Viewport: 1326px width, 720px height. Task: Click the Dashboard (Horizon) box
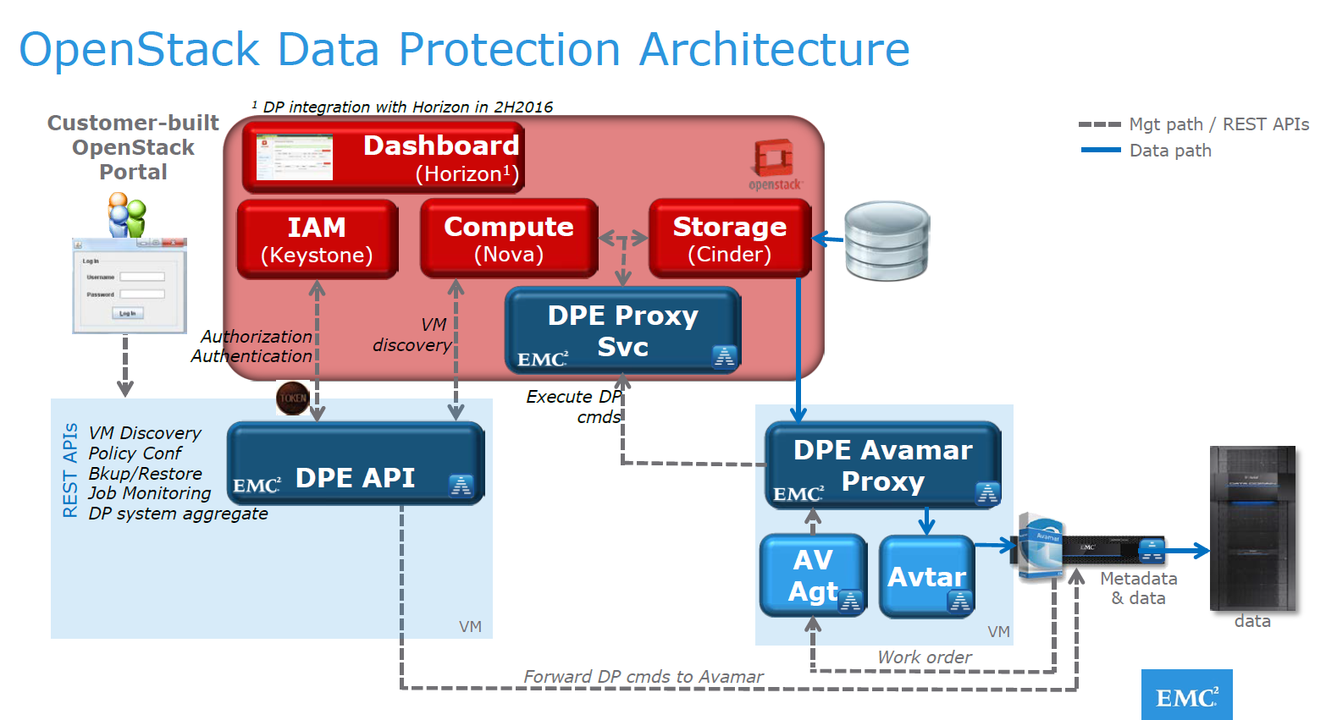tap(384, 157)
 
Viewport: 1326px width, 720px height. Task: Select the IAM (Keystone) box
tap(318, 239)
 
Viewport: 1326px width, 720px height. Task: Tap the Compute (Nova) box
tap(509, 239)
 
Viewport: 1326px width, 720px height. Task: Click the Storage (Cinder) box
tap(730, 239)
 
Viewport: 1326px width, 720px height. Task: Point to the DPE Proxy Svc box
tap(622, 331)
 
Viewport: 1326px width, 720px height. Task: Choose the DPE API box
tap(356, 464)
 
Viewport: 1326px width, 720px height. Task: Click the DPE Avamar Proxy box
tap(882, 465)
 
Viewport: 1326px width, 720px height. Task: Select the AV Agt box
tap(813, 575)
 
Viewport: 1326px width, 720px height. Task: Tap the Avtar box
tap(926, 576)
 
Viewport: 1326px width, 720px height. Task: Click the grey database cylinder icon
tap(887, 241)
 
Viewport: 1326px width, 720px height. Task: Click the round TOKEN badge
tap(293, 398)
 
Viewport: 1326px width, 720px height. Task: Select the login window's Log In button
tap(128, 313)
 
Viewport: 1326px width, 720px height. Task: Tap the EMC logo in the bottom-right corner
tap(1186, 695)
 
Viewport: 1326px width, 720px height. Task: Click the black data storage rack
tap(1252, 529)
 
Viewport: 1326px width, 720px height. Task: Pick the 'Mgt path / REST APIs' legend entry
tap(1194, 124)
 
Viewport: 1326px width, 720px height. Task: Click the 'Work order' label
tap(925, 657)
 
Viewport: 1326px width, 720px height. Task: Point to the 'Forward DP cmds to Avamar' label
tap(643, 677)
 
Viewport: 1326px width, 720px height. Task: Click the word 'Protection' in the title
tap(509, 49)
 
